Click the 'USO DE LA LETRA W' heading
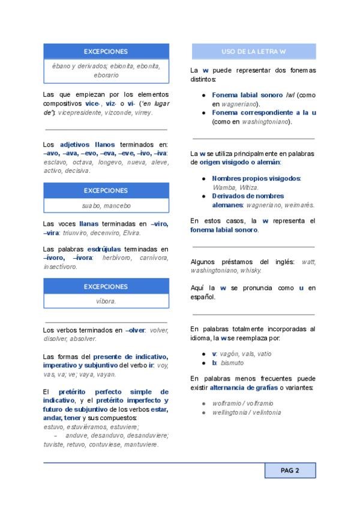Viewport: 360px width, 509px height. coord(253,52)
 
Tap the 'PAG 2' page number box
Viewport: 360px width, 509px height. coord(290,471)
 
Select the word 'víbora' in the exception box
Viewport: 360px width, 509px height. coord(106,301)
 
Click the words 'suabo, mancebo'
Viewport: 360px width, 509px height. coord(106,205)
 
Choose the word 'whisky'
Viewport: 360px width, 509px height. coord(250,271)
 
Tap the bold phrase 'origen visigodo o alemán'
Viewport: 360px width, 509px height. coord(239,162)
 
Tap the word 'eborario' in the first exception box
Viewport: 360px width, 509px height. coord(106,75)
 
